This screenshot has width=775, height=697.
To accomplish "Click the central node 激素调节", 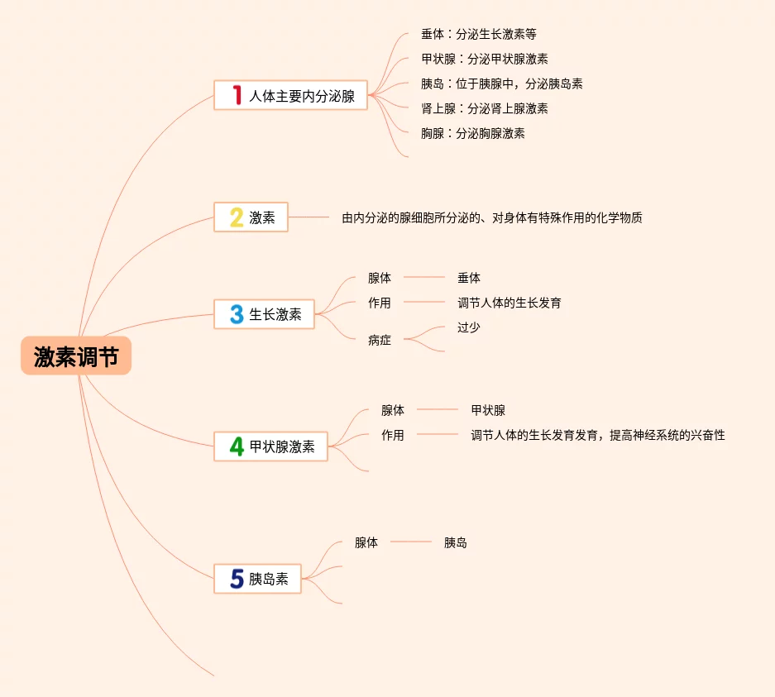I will [76, 357].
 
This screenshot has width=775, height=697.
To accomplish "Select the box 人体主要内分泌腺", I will [290, 95].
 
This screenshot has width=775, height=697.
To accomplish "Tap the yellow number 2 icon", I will [237, 217].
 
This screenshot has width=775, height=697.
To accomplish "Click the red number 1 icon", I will [237, 95].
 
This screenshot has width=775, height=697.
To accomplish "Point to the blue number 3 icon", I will [237, 314].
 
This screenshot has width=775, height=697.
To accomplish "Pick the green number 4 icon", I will [237, 446].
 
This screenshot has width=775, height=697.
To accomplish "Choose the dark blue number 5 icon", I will [237, 579].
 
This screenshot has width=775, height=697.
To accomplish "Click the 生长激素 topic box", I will [264, 314].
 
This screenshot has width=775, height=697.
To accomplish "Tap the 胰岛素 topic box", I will [257, 579].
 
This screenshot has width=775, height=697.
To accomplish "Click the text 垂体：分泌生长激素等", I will [479, 35].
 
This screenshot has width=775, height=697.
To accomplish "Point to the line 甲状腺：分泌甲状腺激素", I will [484, 59].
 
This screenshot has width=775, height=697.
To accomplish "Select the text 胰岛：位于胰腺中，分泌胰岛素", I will [502, 84].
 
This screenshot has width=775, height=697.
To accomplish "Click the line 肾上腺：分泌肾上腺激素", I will [484, 108].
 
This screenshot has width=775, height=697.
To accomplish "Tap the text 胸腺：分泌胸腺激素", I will [472, 133].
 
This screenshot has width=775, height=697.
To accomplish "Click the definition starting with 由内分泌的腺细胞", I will [492, 218].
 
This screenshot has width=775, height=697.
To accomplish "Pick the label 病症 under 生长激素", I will [380, 340].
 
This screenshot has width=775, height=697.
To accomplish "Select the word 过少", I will [469, 327].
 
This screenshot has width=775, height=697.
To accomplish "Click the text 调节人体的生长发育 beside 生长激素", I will [509, 303].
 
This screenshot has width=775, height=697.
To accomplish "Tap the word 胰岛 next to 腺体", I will [456, 542].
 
